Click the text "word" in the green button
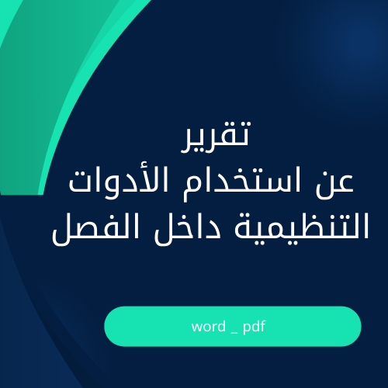tap(206, 327)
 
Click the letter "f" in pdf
tap(263, 326)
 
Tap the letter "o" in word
tap(204, 327)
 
